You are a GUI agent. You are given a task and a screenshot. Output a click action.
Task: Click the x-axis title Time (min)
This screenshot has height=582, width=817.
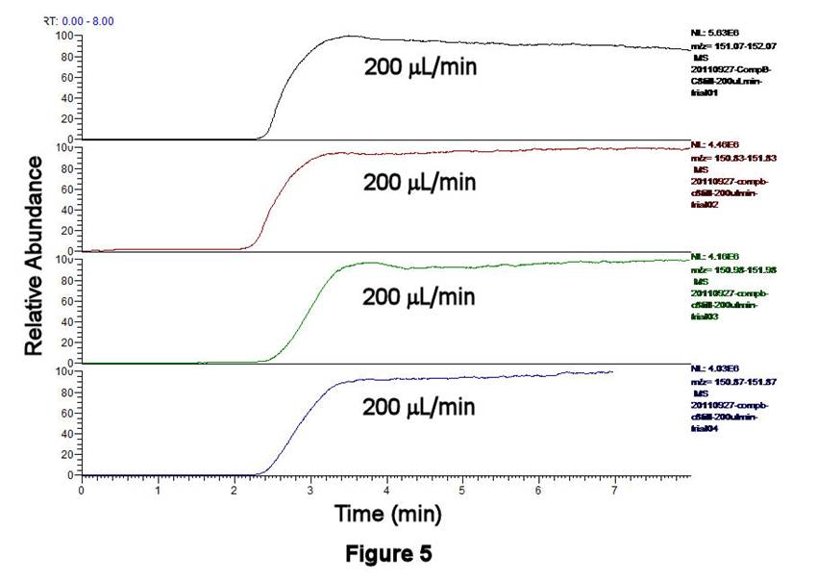coord(387,515)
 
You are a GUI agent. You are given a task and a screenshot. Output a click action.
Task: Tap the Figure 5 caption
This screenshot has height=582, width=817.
coord(387,555)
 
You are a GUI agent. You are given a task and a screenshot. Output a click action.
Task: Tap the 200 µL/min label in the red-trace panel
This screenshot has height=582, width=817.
coord(419,182)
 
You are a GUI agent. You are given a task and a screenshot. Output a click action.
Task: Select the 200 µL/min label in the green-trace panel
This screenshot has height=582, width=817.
coord(419,295)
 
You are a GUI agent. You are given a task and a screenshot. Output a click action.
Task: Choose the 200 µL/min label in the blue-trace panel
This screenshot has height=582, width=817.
coord(419,407)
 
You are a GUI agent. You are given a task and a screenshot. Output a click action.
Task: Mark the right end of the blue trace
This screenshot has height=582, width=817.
coord(612,371)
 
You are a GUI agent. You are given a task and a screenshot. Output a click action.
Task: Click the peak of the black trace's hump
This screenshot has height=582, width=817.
coord(348,37)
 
